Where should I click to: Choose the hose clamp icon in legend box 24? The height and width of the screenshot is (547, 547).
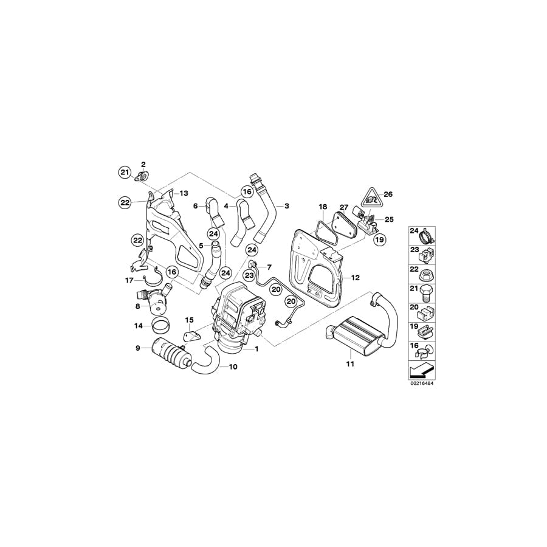(x=428, y=232)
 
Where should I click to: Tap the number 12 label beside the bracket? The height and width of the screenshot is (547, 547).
(x=356, y=278)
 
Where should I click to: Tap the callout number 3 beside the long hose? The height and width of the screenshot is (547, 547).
(x=286, y=207)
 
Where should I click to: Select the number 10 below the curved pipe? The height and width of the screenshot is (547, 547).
(x=233, y=367)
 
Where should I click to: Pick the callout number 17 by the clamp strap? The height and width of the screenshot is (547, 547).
(x=128, y=280)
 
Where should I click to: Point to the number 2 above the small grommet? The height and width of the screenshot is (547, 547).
(x=143, y=165)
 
